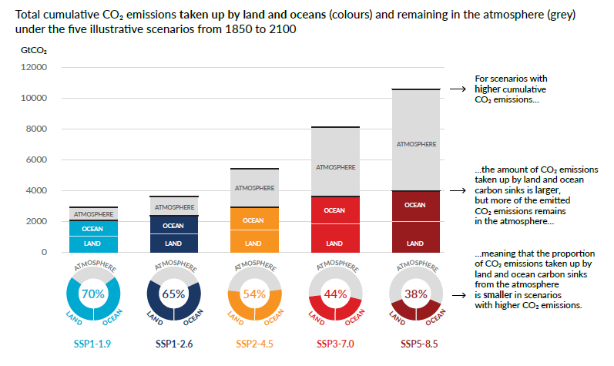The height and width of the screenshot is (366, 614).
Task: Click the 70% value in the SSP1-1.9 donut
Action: [x=93, y=294]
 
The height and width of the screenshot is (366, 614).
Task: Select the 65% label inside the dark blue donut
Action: [x=173, y=294]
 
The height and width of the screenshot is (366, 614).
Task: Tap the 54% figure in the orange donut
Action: [x=253, y=294]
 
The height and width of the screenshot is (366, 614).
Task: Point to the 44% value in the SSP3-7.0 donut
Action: [x=334, y=294]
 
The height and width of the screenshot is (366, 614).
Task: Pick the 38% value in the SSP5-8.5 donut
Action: [x=414, y=294]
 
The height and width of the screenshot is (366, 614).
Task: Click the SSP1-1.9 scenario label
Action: [x=93, y=342]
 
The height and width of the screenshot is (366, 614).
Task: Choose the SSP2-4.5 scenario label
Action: [x=253, y=342]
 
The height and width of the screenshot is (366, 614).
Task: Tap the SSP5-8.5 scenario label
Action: [x=414, y=342]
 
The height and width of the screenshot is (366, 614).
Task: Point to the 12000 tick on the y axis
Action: [x=34, y=68]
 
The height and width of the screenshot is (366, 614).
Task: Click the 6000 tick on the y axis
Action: [x=36, y=160]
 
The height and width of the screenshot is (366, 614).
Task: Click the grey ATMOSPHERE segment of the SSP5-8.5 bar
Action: [x=414, y=143]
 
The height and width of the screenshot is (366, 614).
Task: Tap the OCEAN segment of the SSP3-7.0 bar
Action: [x=334, y=210]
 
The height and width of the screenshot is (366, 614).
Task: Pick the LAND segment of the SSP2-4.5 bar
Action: [x=253, y=243]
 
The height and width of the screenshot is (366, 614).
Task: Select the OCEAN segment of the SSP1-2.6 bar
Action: [x=173, y=226]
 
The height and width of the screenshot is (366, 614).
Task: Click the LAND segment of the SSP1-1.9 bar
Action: [x=93, y=243]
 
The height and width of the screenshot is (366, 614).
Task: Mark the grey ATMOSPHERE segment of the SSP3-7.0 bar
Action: [x=334, y=166]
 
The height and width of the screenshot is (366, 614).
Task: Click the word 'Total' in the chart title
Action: [x=29, y=14]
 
